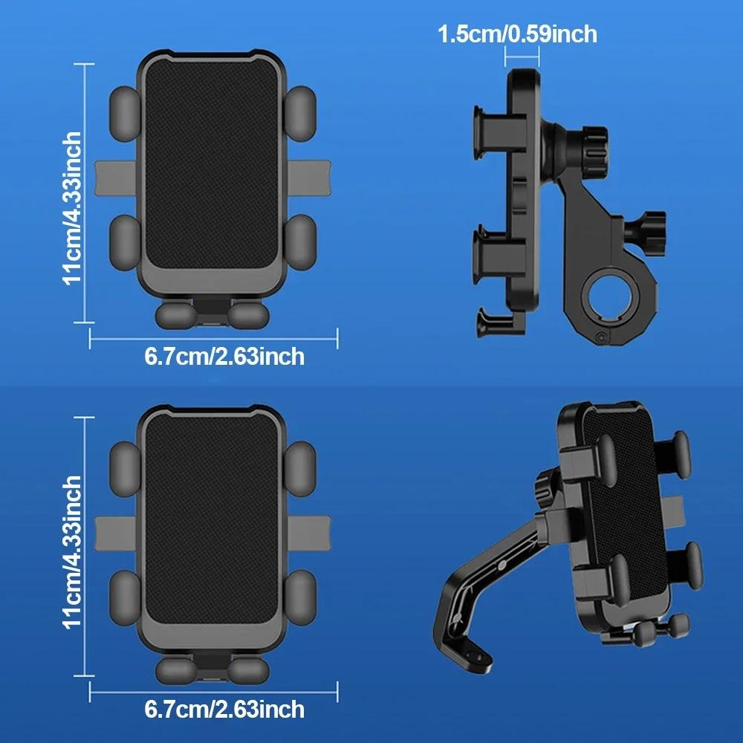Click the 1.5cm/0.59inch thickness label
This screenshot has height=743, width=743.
(x=517, y=33)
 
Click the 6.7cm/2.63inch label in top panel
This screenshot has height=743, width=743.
(x=224, y=357)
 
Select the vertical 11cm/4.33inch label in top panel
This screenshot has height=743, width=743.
(x=72, y=208)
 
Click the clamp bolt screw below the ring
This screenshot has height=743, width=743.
(x=599, y=339)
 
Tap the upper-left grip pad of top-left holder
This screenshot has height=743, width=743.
(x=124, y=112)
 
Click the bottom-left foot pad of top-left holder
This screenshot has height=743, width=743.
(x=175, y=315)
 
